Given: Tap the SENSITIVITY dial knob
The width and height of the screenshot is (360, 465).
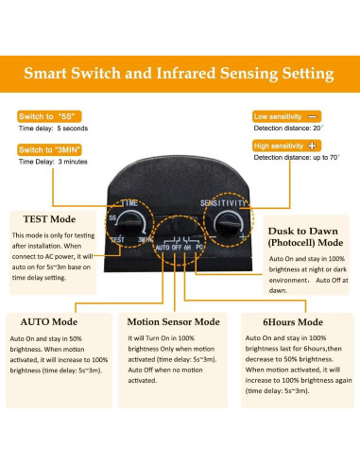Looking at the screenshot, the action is click(229, 225).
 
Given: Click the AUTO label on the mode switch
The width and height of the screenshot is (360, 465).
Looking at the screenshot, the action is click(163, 248).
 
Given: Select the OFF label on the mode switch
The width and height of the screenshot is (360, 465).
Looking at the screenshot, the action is click(177, 248).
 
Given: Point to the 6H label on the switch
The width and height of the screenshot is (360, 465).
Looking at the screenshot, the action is click(187, 248).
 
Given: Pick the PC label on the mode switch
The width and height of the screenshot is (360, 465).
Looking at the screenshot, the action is click(199, 248).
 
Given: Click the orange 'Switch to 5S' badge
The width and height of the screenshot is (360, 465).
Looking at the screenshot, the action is click(49, 116).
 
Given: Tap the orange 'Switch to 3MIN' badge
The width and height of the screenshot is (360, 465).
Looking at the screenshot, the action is click(49, 149).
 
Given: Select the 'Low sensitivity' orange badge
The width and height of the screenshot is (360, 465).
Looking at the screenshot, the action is click(286, 116).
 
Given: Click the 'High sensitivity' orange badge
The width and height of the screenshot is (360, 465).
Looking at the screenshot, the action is click(286, 146).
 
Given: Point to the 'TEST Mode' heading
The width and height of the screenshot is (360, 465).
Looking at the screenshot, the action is click(49, 219).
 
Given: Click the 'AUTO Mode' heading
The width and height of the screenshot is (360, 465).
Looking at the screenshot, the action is click(49, 322).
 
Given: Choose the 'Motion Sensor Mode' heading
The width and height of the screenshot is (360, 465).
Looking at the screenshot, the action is click(174, 322).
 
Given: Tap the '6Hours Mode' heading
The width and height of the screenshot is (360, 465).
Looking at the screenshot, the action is click(293, 322).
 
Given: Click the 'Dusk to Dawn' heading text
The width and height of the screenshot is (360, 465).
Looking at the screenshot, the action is click(303, 232).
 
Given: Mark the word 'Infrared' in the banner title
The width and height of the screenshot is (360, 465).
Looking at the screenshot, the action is click(186, 73).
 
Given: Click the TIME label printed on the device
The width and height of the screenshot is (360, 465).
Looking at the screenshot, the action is click(129, 203).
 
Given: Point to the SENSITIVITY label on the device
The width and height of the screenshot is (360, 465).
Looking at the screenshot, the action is click(223, 203).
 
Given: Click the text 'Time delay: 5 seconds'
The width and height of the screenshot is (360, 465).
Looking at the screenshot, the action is click(53, 129).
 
